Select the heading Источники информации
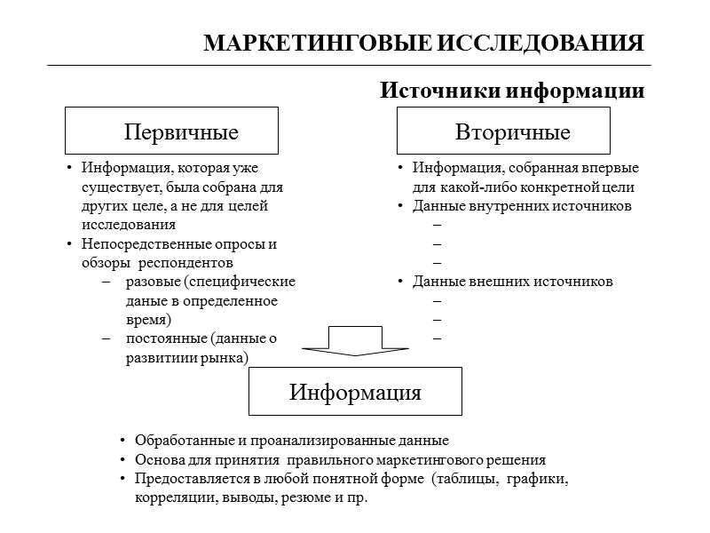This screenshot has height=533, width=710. click(x=512, y=91)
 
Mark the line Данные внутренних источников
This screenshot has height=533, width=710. click(x=522, y=206)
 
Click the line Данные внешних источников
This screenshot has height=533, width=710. click(x=512, y=282)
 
